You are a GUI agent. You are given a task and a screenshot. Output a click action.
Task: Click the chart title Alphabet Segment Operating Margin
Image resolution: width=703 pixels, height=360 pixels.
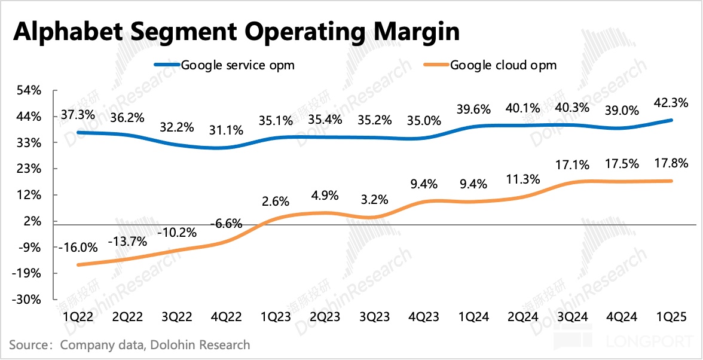point(236,32)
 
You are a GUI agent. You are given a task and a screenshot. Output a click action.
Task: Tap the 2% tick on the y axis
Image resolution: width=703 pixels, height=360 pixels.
point(32,221)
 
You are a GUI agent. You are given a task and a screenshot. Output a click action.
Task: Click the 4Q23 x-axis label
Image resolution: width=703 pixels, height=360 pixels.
point(424,317)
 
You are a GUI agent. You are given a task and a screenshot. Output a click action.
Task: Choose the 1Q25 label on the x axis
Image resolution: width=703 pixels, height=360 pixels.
point(672,317)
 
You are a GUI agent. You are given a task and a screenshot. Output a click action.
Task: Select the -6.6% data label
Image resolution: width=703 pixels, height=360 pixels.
point(226,224)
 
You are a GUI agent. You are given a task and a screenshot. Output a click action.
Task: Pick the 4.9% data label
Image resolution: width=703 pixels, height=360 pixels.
point(326,195)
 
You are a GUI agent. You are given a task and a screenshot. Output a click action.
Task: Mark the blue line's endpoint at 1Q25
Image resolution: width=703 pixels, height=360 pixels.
point(672,120)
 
